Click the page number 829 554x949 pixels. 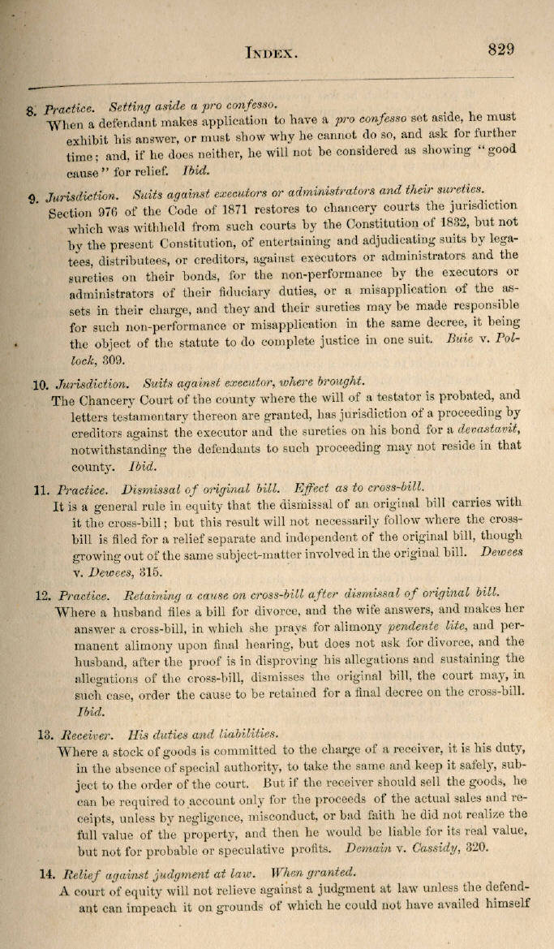(501, 49)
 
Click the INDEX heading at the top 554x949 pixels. (273, 53)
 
